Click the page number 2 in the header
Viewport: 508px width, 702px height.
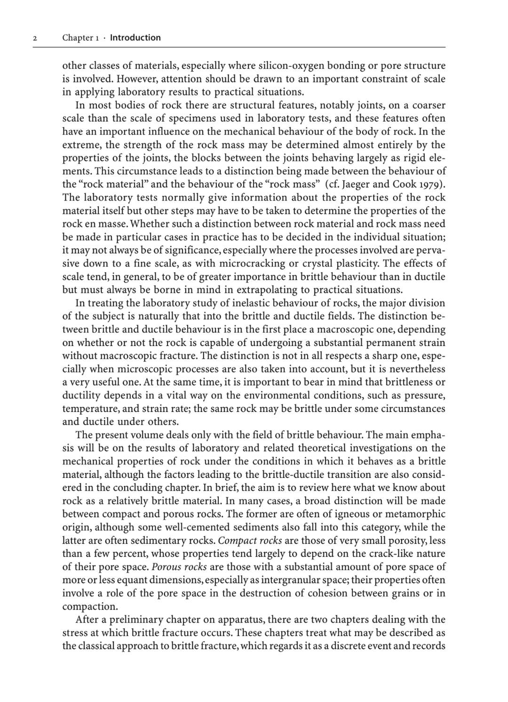[x=35, y=38]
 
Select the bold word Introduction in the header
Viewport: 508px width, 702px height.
[x=135, y=38]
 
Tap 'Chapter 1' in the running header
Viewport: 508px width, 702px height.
[x=80, y=38]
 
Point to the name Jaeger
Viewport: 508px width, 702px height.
[x=351, y=184]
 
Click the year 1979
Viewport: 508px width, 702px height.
[x=430, y=184]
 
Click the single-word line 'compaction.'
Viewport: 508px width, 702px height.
[x=90, y=606]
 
